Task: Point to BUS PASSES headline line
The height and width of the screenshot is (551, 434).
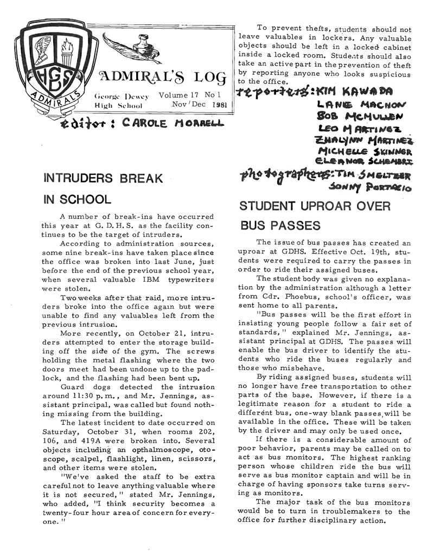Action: (x=280, y=225)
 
